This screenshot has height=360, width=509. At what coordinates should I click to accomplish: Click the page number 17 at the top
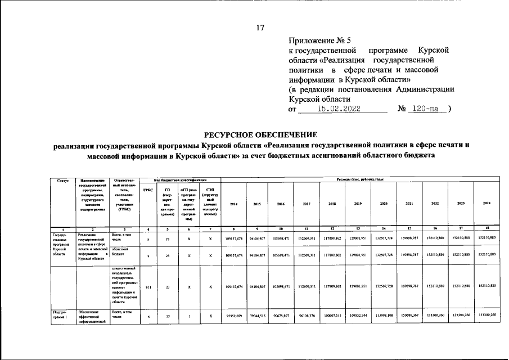(260, 28)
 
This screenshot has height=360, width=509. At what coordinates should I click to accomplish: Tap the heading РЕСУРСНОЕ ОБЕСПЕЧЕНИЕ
(260, 134)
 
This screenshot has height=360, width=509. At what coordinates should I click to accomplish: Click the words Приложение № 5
(319, 40)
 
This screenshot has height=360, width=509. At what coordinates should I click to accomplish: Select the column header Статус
(62, 180)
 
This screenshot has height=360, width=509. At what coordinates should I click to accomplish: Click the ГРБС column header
(148, 190)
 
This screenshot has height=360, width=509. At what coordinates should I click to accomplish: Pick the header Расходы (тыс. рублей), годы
(359, 179)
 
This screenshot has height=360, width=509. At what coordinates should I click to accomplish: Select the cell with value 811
(148, 287)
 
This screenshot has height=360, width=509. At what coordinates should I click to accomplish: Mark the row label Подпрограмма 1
(60, 314)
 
